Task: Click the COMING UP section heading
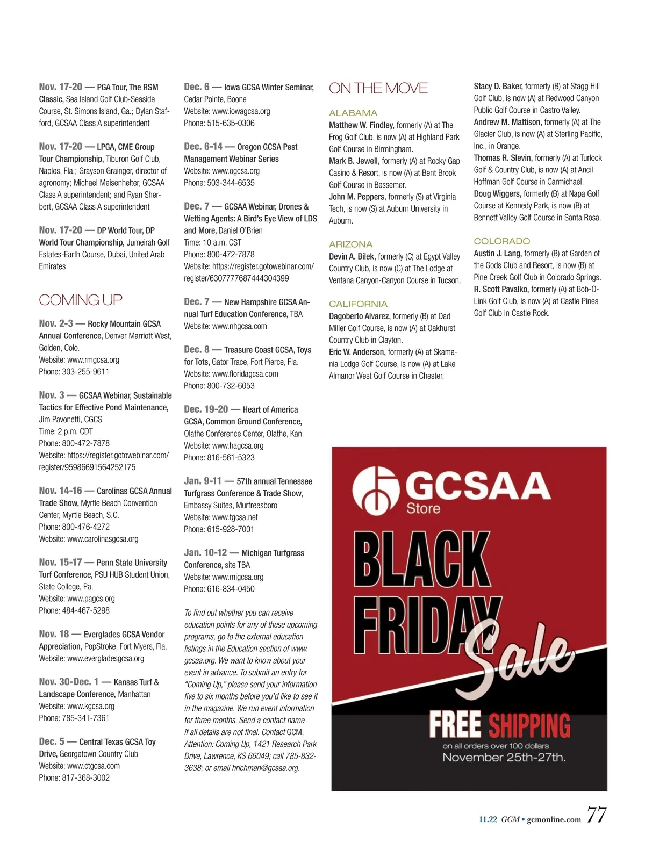81,300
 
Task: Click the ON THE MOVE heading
378,88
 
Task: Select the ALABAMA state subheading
353,113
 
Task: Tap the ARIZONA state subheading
350,244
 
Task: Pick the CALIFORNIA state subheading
358,304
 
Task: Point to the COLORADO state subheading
501,241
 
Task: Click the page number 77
596,815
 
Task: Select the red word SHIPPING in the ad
529,725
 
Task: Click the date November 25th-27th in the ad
504,758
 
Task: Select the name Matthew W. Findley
361,125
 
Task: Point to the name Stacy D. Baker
498,86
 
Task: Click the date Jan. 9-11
203,481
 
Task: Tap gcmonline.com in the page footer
554,819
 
